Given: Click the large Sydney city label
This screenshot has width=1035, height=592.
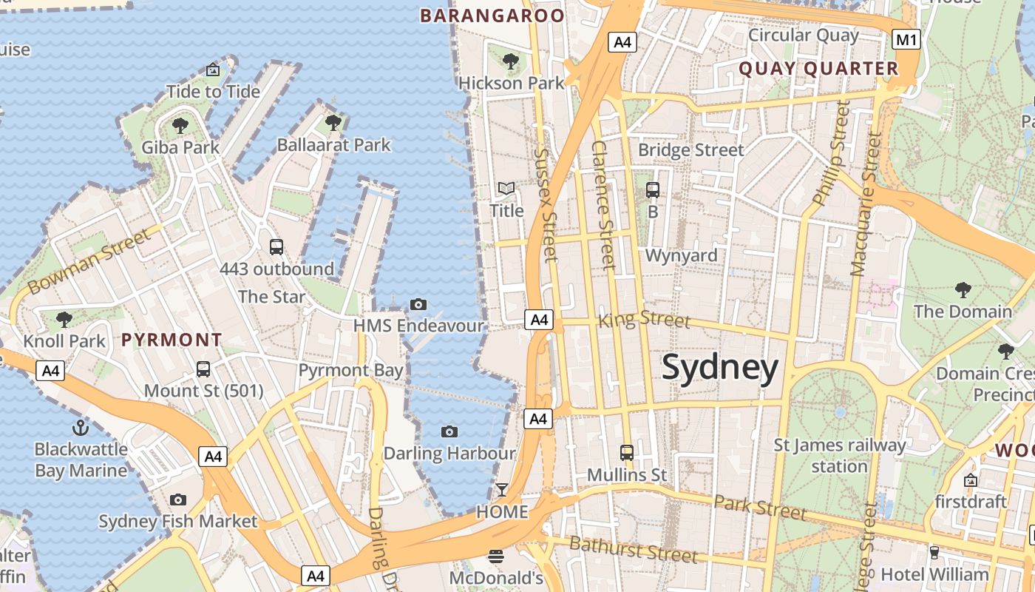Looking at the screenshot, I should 719,368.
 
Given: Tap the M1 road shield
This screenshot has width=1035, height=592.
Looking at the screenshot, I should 906,39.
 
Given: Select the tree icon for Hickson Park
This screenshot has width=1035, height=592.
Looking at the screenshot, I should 510,61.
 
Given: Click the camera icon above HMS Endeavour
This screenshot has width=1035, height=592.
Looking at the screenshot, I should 418,304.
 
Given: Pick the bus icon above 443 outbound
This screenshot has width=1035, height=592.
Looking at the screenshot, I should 276,247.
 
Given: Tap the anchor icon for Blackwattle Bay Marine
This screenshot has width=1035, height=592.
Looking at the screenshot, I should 80,427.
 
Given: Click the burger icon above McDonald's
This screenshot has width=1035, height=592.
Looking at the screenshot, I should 496,556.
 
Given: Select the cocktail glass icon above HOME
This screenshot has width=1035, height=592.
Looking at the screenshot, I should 502,490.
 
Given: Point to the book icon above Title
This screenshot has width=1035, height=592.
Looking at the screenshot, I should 506,189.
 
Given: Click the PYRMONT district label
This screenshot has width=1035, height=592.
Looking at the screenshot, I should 172,340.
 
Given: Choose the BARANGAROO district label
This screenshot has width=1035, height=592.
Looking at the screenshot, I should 492,16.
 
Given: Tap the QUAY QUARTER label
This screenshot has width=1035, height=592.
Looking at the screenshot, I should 818,69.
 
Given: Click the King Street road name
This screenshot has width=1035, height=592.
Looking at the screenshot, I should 644,320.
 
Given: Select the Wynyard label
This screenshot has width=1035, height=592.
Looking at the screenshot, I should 681,256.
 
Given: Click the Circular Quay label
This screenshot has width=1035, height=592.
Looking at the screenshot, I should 804,35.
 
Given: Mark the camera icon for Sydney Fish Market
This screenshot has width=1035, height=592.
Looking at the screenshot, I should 178,500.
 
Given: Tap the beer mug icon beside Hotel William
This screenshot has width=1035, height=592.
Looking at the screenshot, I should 934,552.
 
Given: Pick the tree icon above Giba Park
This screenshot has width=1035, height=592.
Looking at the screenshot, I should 180,126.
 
